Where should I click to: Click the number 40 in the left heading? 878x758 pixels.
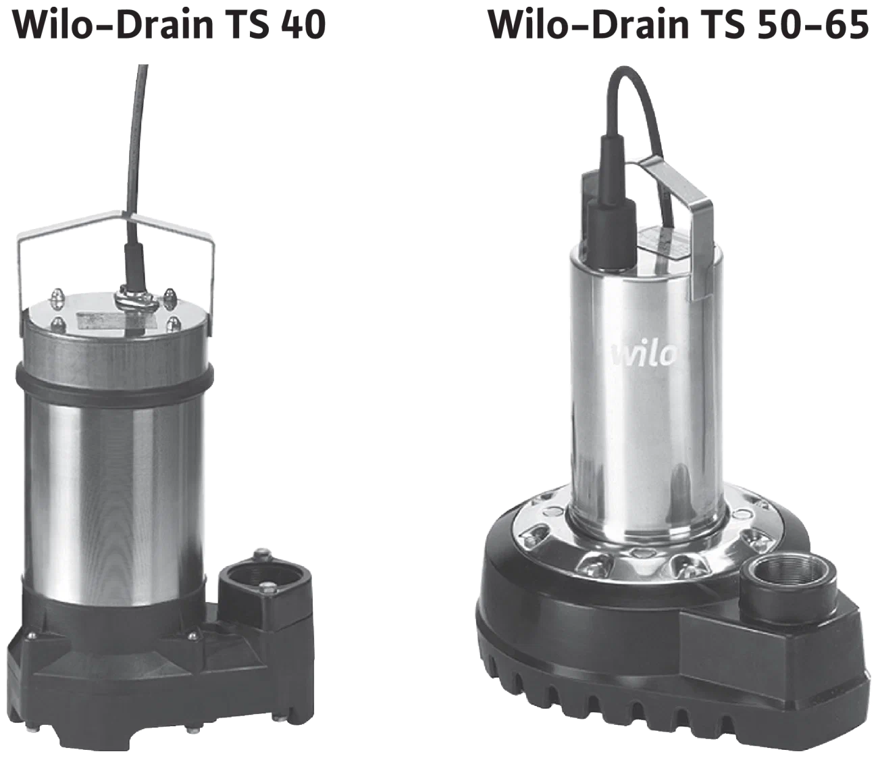[303, 24]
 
